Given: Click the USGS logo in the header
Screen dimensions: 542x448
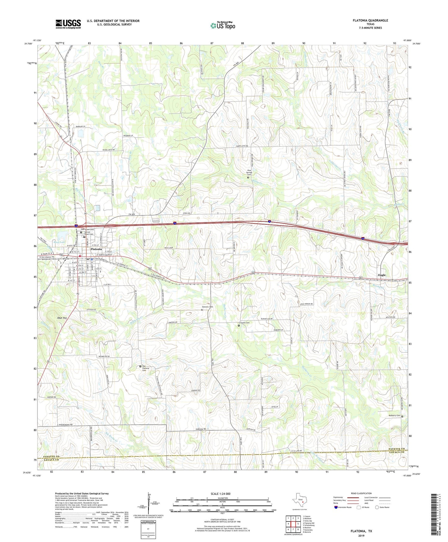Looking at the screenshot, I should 68,24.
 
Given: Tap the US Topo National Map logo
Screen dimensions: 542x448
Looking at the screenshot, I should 222,25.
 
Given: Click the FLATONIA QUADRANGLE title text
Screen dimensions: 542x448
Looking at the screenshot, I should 370,20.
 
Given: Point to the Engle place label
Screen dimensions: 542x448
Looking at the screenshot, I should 382,275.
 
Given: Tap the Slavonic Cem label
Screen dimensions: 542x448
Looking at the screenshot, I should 207,307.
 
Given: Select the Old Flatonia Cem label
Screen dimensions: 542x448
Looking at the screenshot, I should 146,368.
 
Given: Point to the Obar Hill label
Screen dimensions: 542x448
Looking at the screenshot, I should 62,318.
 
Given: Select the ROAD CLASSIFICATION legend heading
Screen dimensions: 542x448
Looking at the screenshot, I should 361,493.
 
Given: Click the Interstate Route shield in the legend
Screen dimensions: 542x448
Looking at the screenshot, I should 336,507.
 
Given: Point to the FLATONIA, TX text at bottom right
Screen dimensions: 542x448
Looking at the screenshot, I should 361,531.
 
